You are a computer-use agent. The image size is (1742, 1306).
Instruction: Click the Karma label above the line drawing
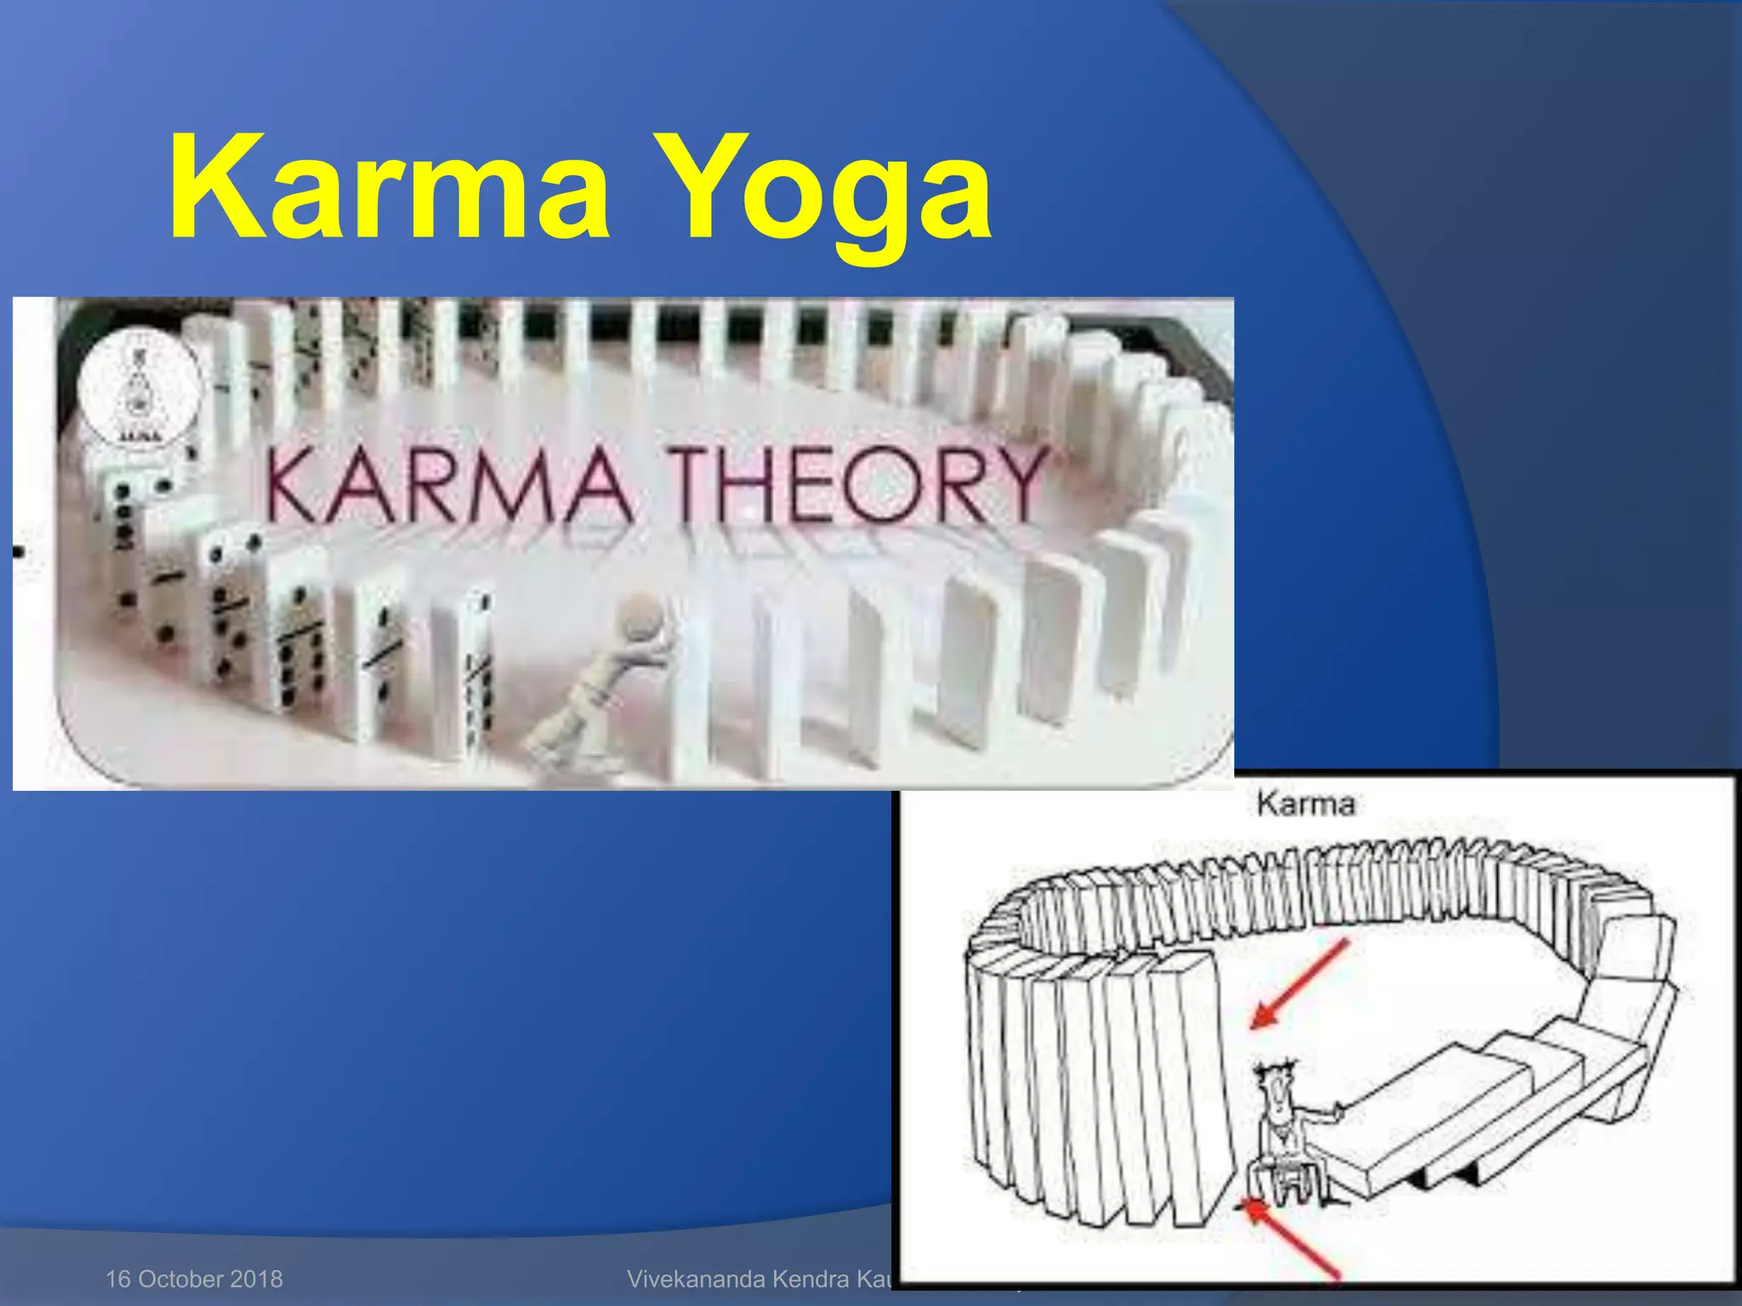click(x=1306, y=803)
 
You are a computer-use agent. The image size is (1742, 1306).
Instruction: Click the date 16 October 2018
click(x=194, y=1279)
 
